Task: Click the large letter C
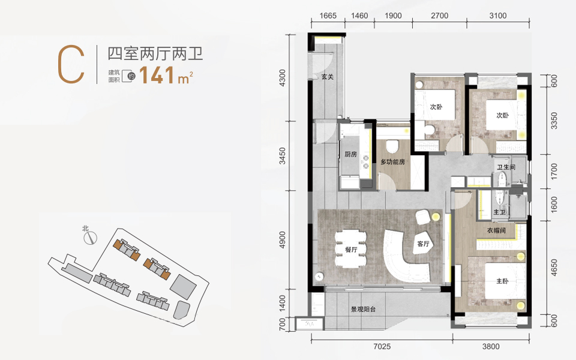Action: (71, 65)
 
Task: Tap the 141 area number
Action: (157, 75)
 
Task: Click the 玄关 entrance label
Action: (328, 77)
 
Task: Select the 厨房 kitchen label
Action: (350, 154)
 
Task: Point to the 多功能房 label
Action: (392, 161)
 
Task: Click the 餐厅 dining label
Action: (351, 250)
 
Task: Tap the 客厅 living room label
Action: (423, 244)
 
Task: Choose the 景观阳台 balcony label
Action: (364, 310)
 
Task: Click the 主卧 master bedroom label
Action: (502, 281)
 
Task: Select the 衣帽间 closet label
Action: (496, 230)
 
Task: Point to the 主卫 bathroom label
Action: (499, 212)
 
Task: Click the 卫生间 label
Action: (506, 167)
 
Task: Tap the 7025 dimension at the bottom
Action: (382, 346)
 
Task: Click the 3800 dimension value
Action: (491, 346)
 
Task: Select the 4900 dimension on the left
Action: (282, 240)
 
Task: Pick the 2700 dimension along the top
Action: (439, 16)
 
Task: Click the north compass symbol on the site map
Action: (90, 238)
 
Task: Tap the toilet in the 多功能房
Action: (392, 146)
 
